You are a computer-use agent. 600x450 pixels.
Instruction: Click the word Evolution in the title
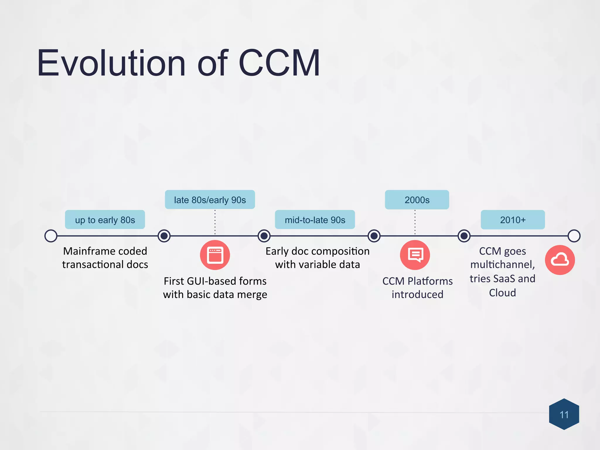pyautogui.click(x=111, y=63)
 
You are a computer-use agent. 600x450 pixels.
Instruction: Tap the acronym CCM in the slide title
pyautogui.click(x=279, y=63)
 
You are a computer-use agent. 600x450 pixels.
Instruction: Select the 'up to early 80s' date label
pyautogui.click(x=105, y=220)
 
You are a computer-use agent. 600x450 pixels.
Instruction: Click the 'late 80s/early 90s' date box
pyautogui.click(x=210, y=200)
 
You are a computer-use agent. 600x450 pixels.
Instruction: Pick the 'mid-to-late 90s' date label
pyautogui.click(x=315, y=220)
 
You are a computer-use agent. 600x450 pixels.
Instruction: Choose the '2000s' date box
pyautogui.click(x=417, y=200)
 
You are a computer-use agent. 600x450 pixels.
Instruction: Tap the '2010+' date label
pyautogui.click(x=513, y=220)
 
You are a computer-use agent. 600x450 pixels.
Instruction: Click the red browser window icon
pyautogui.click(x=215, y=255)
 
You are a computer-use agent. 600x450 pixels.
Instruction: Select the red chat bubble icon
pyautogui.click(x=415, y=255)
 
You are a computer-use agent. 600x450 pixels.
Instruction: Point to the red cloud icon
pyautogui.click(x=560, y=260)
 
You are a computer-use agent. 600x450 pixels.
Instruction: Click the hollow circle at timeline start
pyautogui.click(x=51, y=236)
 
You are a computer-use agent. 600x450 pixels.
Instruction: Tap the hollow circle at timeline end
pyautogui.click(x=574, y=236)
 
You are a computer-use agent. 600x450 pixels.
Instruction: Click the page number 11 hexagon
pyautogui.click(x=564, y=414)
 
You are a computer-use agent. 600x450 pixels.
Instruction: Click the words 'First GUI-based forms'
pyautogui.click(x=215, y=281)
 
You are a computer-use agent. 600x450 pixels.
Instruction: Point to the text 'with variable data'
pyautogui.click(x=318, y=265)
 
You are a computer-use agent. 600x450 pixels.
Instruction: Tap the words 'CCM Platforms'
pyautogui.click(x=417, y=281)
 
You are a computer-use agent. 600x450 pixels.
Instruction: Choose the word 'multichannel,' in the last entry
pyautogui.click(x=502, y=265)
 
